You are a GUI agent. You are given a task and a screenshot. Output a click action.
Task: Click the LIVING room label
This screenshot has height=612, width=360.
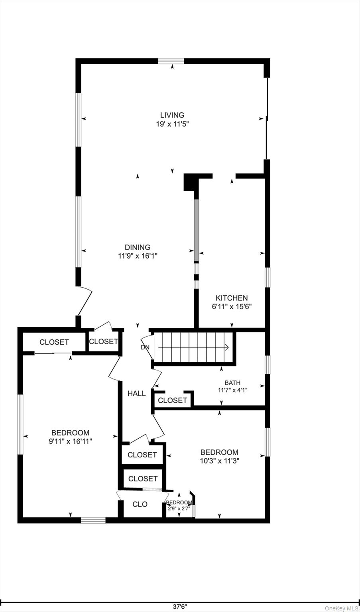click(x=172, y=115)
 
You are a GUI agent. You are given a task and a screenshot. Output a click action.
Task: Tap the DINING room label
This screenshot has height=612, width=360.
click(x=138, y=247)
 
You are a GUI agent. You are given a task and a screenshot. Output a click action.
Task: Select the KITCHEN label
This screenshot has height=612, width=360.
click(x=232, y=298)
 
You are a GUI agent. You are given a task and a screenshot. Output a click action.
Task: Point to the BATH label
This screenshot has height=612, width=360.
click(x=232, y=383)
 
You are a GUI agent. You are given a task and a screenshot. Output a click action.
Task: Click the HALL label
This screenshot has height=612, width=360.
click(x=137, y=393)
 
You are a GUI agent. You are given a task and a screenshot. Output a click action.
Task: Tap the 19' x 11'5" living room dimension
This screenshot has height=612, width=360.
click(x=173, y=124)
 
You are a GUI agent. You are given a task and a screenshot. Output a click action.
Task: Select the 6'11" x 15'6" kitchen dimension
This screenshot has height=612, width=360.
click(x=232, y=306)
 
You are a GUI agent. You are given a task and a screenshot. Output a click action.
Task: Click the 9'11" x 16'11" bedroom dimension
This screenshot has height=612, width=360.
click(x=70, y=441)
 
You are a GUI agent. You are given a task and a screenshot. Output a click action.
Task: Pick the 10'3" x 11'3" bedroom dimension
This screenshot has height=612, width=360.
click(x=220, y=461)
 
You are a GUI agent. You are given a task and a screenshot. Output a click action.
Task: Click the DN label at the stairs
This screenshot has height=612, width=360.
click(x=145, y=347)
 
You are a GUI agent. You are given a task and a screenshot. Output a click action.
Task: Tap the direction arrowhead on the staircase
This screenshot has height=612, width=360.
click(x=226, y=347)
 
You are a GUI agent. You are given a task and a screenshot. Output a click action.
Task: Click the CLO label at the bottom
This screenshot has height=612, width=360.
click(x=140, y=504)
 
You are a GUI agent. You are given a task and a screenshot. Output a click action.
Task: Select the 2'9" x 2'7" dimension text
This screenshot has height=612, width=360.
click(x=179, y=508)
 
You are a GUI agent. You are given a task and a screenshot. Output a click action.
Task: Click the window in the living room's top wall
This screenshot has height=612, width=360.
click(x=171, y=61)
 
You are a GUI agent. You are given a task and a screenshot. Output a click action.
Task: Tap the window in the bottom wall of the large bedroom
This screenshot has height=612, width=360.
click(x=93, y=520)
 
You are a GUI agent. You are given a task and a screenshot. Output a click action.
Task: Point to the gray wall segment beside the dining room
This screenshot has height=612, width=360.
click(x=197, y=230)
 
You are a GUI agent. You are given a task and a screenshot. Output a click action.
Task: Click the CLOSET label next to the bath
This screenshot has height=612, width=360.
click(x=173, y=400)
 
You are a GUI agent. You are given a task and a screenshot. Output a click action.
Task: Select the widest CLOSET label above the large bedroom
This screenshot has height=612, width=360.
click(x=54, y=342)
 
